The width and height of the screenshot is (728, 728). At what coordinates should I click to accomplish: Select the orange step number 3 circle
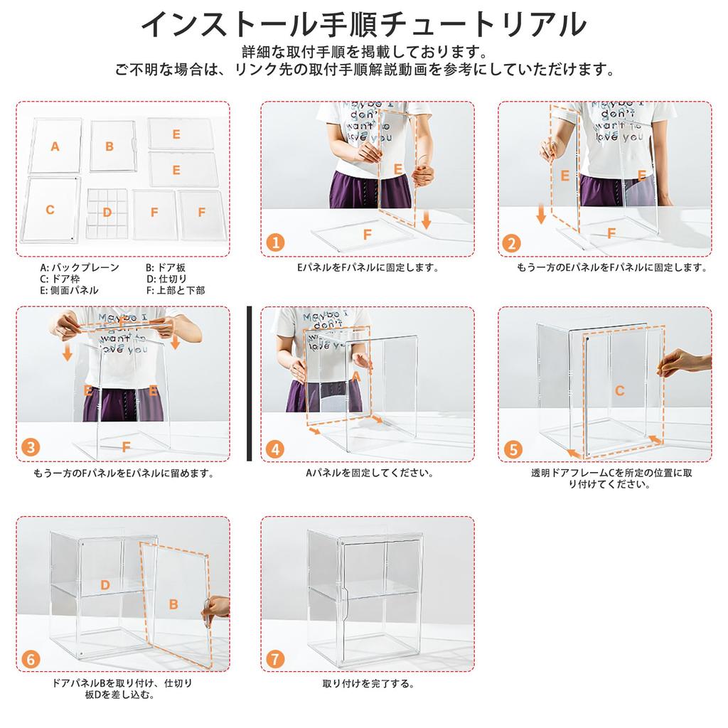(x=31, y=448)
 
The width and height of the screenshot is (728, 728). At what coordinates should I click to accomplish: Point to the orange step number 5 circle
(x=512, y=449)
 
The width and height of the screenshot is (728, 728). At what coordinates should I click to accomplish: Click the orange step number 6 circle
(x=31, y=658)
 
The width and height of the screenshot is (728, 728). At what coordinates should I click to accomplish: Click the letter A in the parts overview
(x=55, y=146)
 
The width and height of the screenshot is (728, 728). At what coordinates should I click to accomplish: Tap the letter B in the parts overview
(x=109, y=146)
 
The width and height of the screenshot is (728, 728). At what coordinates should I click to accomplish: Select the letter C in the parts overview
(x=50, y=210)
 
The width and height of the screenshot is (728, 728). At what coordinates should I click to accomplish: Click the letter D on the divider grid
(x=107, y=212)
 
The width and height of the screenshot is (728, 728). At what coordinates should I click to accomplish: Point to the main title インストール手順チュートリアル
(x=363, y=23)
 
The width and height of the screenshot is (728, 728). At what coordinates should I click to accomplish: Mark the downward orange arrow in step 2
(x=542, y=214)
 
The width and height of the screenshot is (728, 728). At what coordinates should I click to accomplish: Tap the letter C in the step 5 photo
(x=619, y=390)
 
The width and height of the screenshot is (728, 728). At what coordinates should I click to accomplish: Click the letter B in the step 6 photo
(x=173, y=604)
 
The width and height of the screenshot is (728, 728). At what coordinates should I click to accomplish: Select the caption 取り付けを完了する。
(x=368, y=684)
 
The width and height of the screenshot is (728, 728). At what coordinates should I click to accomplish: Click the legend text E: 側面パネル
(x=69, y=290)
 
